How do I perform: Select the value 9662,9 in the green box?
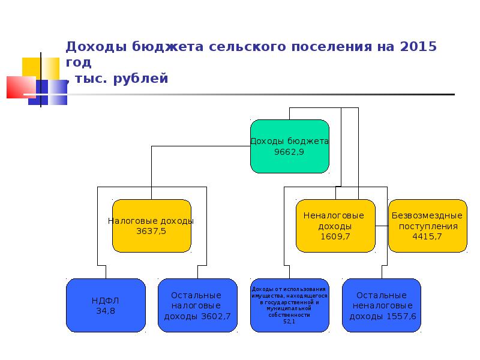coord(289,152)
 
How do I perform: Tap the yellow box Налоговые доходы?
coord(151,226)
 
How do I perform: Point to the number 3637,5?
coord(151,231)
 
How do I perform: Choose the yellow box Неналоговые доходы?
coord(335,226)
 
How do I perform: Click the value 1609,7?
coord(335,237)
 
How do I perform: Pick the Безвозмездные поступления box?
coord(427,225)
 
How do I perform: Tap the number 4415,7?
coord(427,237)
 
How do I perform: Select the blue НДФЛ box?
coord(106,305)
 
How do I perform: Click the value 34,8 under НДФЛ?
coord(106,311)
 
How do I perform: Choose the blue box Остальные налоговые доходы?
coord(197,305)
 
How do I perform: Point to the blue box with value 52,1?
coord(289,305)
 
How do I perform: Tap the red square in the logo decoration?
coord(19,87)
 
